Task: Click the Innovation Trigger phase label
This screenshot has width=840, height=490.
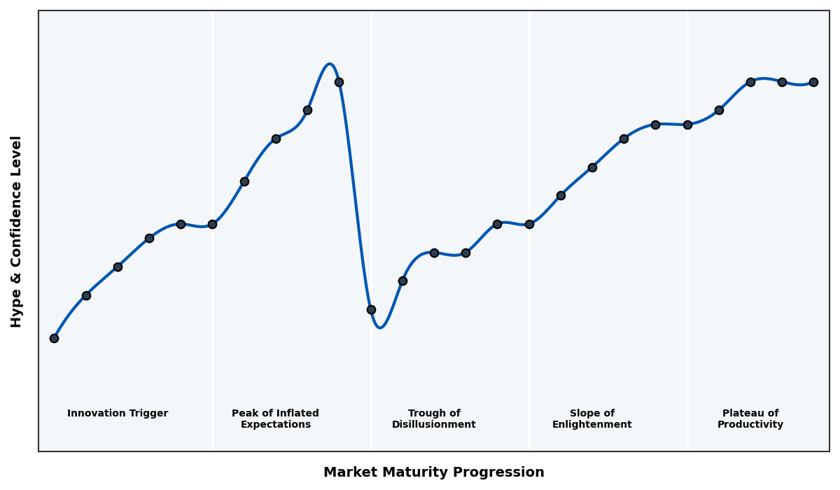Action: tap(118, 414)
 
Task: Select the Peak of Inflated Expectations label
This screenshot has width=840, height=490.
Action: tap(275, 419)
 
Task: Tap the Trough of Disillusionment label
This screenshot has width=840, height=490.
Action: tap(434, 419)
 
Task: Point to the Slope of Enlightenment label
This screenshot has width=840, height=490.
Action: tap(591, 419)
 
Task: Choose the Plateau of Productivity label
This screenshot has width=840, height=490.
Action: tap(750, 419)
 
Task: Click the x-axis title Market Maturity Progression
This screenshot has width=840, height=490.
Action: tap(433, 472)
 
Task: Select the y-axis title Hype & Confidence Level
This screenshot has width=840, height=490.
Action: tap(17, 231)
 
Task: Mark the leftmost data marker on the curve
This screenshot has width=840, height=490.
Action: tap(54, 338)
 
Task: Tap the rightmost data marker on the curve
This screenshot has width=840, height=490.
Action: tap(813, 82)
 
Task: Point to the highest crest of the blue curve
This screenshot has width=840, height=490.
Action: tap(329, 64)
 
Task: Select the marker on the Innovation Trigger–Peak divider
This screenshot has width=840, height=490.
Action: tap(212, 224)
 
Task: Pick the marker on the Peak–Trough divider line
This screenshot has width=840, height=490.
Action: tap(371, 309)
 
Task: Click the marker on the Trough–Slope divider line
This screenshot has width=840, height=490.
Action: tap(529, 224)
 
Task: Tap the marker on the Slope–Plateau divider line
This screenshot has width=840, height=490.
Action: tap(687, 125)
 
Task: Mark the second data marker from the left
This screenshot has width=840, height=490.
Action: tap(86, 295)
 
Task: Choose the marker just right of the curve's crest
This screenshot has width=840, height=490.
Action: tap(339, 82)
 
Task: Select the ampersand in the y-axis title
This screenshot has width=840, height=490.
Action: tap(17, 286)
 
